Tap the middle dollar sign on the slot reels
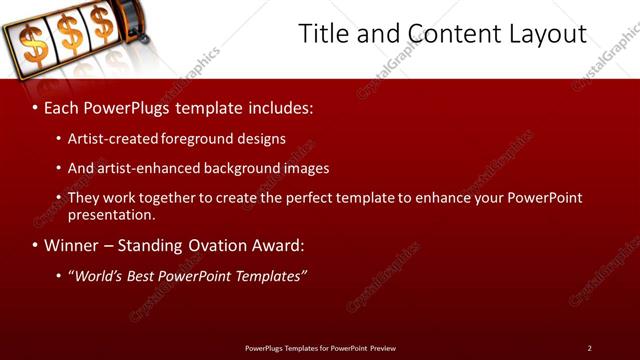tap(70, 36)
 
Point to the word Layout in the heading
tap(543, 33)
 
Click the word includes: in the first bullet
tap(274, 105)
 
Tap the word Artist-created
tap(112, 139)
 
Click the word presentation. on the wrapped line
tap(111, 214)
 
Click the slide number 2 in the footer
tap(589, 348)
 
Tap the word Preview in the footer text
tap(382, 348)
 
